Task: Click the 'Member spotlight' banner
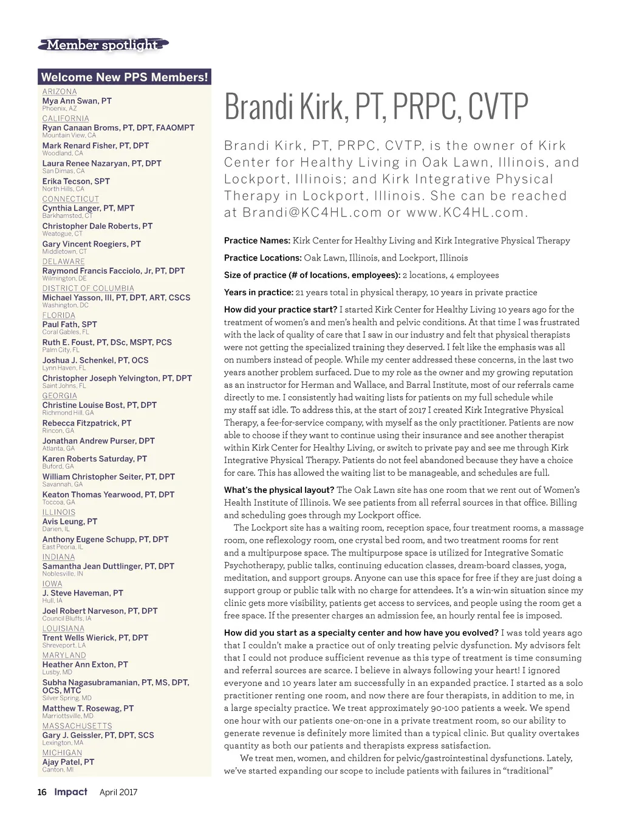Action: point(102,45)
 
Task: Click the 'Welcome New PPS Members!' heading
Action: point(125,77)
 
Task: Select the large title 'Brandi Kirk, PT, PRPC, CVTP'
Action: point(376,107)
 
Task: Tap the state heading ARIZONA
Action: point(60,92)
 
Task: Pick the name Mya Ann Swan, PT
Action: point(77,101)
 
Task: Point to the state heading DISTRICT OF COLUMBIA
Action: point(88,288)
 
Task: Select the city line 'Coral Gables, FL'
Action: point(66,332)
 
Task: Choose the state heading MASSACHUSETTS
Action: point(77,726)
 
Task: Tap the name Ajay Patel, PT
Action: point(68,762)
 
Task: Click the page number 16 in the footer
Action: point(42,792)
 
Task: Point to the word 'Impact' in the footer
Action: point(70,792)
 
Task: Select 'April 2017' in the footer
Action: point(118,792)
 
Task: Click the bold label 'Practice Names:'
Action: point(257,241)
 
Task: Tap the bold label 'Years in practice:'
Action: point(258,293)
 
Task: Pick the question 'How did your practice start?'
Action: point(280,310)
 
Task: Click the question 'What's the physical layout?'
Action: point(279,490)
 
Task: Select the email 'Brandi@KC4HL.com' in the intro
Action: point(312,213)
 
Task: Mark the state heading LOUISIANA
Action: point(63,629)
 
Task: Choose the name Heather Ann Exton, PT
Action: point(85,665)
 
